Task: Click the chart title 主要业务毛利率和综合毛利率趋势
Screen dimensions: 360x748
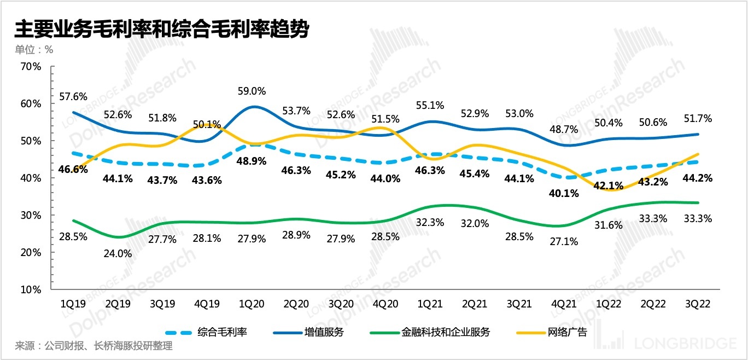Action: click(162, 30)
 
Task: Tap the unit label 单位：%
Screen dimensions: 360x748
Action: click(34, 49)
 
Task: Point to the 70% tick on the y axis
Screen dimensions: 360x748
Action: click(31, 67)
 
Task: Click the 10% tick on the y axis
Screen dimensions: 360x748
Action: click(31, 289)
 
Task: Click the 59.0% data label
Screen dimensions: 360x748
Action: click(252, 91)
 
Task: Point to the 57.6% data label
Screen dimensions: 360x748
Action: click(73, 97)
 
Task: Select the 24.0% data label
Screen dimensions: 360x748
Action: click(117, 254)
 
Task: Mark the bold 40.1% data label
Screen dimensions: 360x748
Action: click(564, 193)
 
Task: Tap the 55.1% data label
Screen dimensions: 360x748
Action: click(430, 106)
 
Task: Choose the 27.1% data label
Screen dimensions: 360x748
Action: click(564, 241)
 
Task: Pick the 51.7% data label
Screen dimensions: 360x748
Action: click(698, 119)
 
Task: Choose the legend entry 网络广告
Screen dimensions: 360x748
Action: click(566, 332)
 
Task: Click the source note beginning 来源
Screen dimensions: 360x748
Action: click(93, 346)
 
